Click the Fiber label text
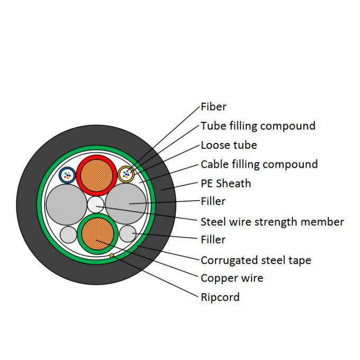point(213,107)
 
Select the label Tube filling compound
point(258,126)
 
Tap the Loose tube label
point(229,145)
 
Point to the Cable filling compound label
point(259,164)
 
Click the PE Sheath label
point(226,184)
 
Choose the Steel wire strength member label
point(272,222)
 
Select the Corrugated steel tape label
point(256,260)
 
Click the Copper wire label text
point(232,278)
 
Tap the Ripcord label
point(220,297)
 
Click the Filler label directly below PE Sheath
point(213,201)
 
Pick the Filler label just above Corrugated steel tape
point(213,240)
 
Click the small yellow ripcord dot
point(112,256)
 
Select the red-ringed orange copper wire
point(96,175)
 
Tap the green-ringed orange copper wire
point(97,234)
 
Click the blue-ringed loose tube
point(67,174)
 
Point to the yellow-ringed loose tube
point(126,174)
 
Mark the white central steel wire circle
point(96,204)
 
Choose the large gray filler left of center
point(65,204)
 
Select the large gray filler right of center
point(126,204)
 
